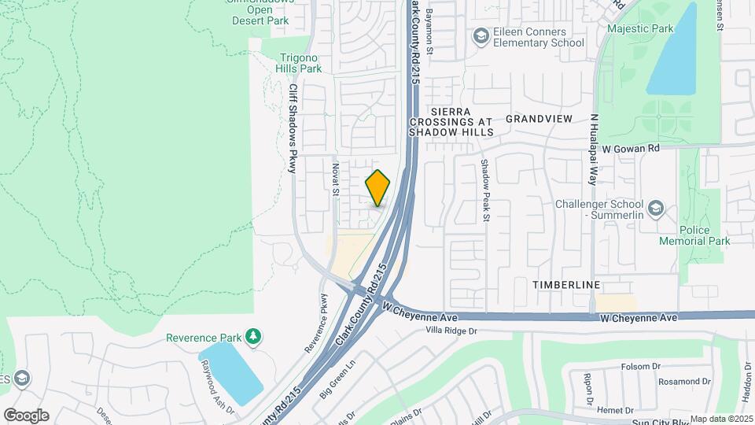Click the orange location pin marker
tap(377, 188)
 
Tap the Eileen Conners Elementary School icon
tap(480, 35)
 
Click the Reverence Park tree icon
tap(252, 337)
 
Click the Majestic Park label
tap(641, 28)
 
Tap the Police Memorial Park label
tap(694, 235)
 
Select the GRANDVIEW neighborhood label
tap(539, 118)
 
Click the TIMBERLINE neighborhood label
tap(565, 284)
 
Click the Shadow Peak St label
tap(485, 191)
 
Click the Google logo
tap(26, 415)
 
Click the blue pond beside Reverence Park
tap(230, 373)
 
